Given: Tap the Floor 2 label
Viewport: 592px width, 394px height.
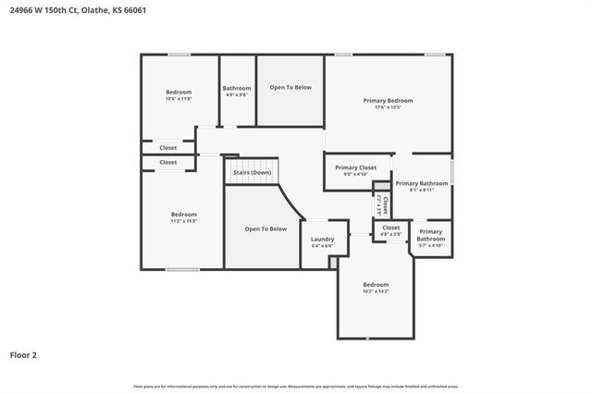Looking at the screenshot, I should pos(24,354).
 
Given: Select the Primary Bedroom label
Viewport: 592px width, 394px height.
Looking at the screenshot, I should pos(388,100).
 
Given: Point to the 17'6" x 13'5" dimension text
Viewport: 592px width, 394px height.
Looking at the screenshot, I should pos(388,107).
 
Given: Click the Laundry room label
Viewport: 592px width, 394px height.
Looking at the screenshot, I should pos(322,239).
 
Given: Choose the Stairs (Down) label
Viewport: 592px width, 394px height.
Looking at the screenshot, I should pos(252,172).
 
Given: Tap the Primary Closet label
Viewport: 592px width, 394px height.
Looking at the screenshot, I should pos(356,167).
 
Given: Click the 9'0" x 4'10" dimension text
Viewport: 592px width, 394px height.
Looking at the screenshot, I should pos(356,174).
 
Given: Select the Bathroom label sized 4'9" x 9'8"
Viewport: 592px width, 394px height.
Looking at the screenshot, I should pos(237,88).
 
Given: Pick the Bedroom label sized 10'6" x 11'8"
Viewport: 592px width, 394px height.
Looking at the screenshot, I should pos(179,92).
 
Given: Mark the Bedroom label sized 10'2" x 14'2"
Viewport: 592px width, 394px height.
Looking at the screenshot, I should pos(376,284).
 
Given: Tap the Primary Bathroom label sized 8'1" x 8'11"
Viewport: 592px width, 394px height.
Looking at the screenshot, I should pos(422,183).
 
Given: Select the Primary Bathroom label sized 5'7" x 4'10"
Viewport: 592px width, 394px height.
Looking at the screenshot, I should pos(430,235).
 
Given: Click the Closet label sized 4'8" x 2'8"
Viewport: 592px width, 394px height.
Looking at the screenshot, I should pos(391,228).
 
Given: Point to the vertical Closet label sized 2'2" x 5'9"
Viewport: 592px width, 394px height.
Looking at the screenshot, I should pos(384,203).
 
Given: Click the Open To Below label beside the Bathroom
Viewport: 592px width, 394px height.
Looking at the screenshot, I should pos(290,88).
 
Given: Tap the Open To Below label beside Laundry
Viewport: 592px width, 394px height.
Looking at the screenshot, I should pos(265,228).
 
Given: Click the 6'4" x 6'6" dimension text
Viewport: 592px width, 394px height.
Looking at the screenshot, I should pos(322,246).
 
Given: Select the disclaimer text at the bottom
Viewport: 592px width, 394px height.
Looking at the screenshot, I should pos(296,386).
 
